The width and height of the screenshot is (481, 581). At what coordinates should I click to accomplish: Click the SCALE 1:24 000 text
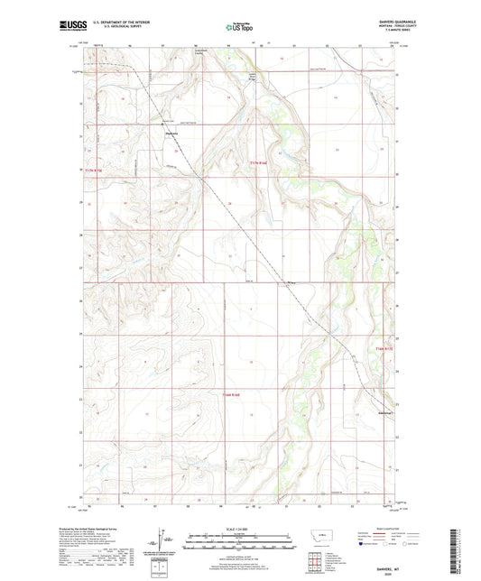click(x=240, y=529)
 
